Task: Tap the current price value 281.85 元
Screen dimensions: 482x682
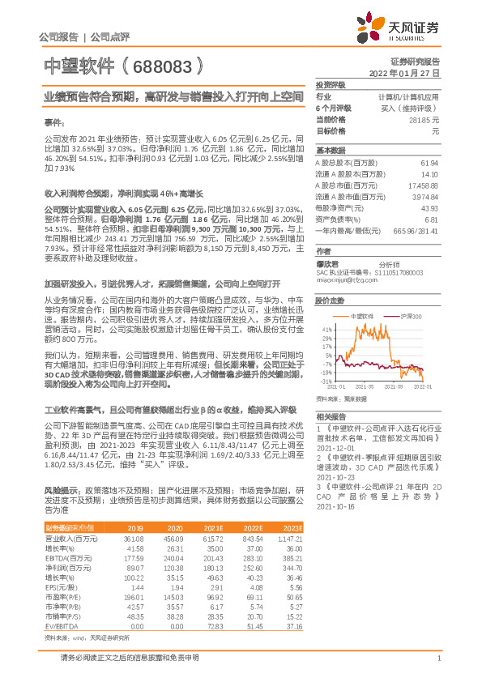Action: click(x=424, y=118)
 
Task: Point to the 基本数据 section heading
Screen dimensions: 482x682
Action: click(x=331, y=151)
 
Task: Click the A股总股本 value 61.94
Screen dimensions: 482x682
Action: click(x=429, y=164)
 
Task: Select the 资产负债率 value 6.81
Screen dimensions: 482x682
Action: click(x=431, y=220)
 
